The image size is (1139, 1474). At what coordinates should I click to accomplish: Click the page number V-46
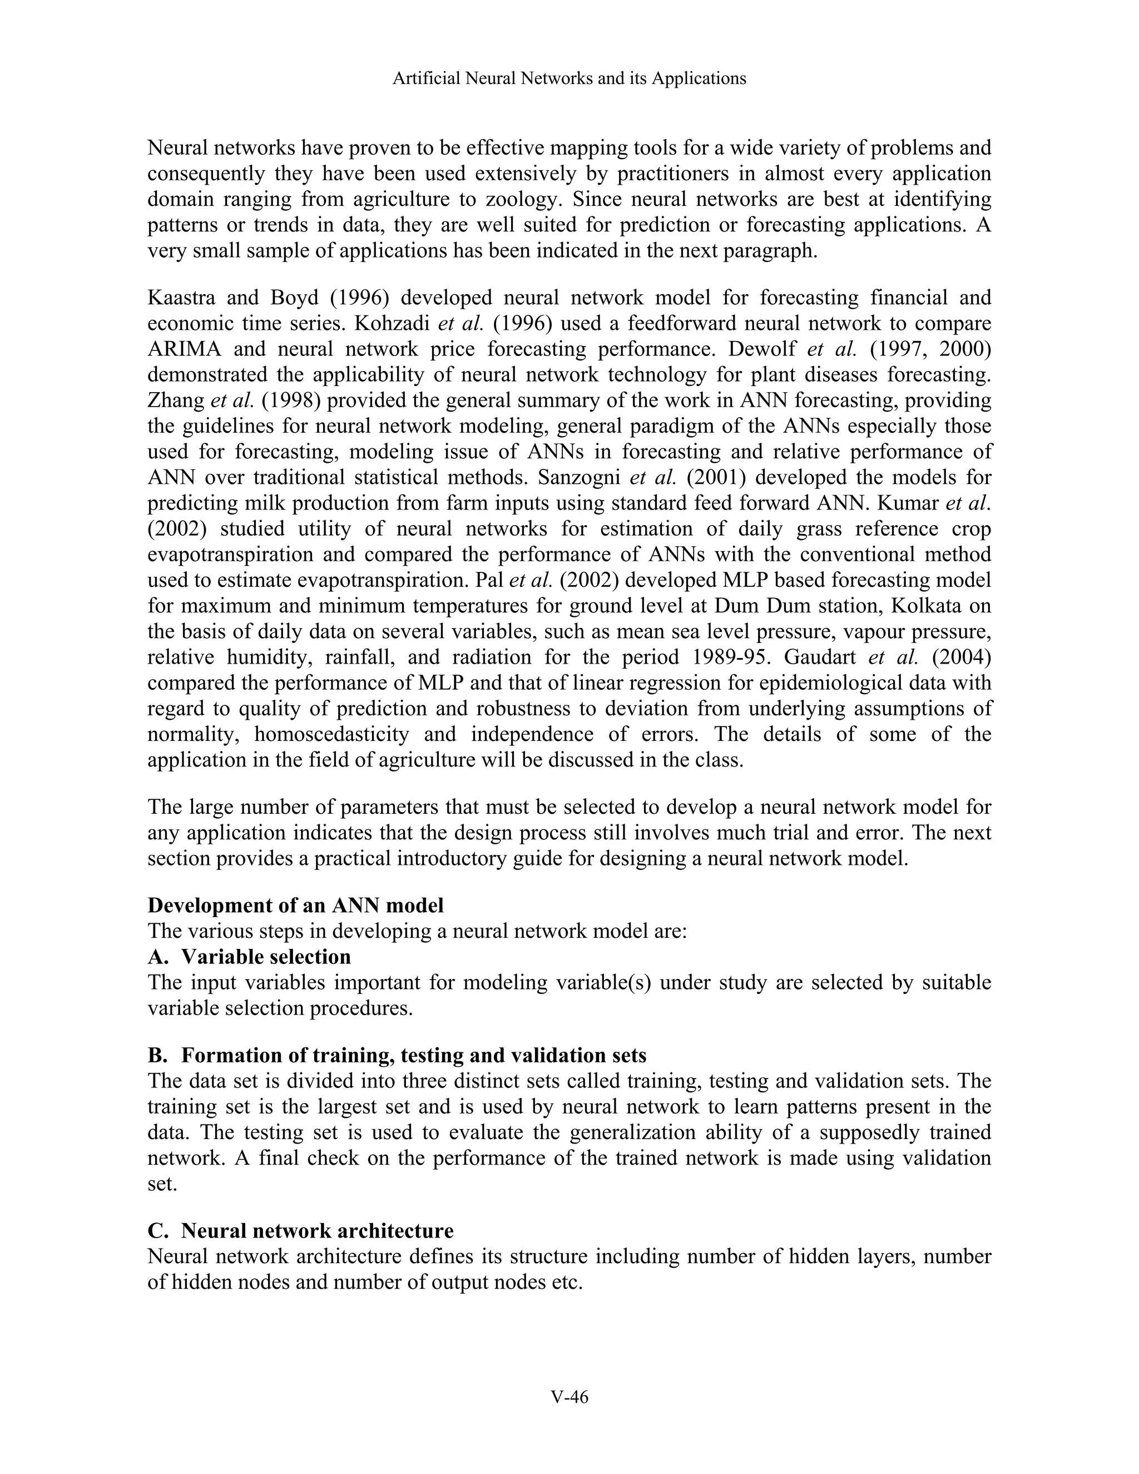569,1397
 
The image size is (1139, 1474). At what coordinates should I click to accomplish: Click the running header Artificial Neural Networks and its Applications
569,79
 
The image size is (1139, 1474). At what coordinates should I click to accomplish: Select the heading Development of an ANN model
295,905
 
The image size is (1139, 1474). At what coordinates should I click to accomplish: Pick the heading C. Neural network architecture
300,1230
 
